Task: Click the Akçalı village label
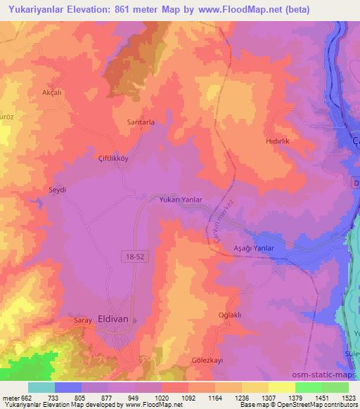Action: tap(53, 93)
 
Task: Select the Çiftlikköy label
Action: tap(112, 159)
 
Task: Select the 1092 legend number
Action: tap(188, 397)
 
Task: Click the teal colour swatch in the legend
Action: tap(41, 387)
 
